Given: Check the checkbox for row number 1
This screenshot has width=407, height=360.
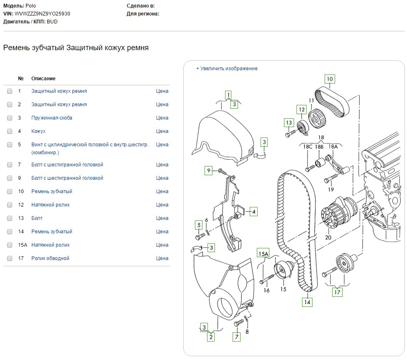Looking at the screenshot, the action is pyautogui.click(x=10, y=91).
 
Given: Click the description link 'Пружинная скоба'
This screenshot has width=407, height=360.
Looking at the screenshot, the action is pyautogui.click(x=51, y=118).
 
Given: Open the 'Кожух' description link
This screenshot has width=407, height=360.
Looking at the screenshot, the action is pyautogui.click(x=38, y=131).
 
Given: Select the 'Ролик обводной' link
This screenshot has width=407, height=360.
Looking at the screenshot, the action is pyautogui.click(x=50, y=258).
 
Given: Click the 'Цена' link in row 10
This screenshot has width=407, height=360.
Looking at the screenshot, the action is pyautogui.click(x=162, y=191).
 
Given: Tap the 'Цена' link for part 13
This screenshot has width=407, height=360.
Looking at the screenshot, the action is pyautogui.click(x=162, y=218).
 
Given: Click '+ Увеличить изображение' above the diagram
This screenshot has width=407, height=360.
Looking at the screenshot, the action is pyautogui.click(x=227, y=69).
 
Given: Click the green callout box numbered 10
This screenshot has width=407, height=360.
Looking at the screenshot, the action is pyautogui.click(x=330, y=79).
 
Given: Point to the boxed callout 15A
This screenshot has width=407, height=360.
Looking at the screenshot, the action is pyautogui.click(x=263, y=253).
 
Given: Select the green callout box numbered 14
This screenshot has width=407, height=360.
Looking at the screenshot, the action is pyautogui.click(x=307, y=302).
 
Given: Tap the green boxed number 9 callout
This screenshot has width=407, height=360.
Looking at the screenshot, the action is pyautogui.click(x=208, y=171).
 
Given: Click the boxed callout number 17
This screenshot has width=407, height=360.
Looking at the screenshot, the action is pyautogui.click(x=337, y=292).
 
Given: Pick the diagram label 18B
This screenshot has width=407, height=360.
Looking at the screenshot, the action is pyautogui.click(x=319, y=147).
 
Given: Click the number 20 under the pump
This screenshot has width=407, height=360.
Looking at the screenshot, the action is pyautogui.click(x=328, y=237).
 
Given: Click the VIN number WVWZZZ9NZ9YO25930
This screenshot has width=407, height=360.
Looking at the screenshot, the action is pyautogui.click(x=42, y=14).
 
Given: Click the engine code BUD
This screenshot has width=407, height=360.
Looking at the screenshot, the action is pyautogui.click(x=52, y=22).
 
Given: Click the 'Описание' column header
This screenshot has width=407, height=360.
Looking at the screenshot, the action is pyautogui.click(x=44, y=79).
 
